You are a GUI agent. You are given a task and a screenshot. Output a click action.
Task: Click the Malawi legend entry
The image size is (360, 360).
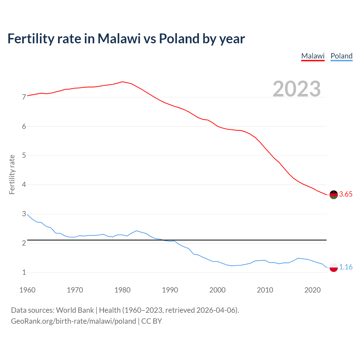(313, 56)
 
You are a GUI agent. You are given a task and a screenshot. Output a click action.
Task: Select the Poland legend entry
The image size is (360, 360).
(341, 56)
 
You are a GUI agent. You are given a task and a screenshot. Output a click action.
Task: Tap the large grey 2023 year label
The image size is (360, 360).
(297, 89)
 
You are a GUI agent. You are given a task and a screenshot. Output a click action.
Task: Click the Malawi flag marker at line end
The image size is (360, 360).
(334, 195)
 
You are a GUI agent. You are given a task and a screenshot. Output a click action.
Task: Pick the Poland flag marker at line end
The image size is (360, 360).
(334, 267)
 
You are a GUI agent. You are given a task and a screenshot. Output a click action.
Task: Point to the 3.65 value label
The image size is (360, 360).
(346, 194)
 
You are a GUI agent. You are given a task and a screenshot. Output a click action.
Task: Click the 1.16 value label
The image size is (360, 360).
(346, 267)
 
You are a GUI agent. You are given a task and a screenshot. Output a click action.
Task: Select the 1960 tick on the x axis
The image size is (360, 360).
(27, 290)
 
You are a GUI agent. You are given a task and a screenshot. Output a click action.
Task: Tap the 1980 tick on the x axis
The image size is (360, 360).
(122, 290)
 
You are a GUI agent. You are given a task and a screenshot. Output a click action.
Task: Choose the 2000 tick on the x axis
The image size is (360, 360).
(217, 290)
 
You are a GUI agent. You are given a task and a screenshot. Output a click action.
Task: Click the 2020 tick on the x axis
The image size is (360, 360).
(312, 290)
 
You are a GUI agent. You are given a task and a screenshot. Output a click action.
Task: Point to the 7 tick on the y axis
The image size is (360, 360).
(24, 97)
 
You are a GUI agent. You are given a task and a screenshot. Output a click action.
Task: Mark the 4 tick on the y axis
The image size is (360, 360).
(24, 185)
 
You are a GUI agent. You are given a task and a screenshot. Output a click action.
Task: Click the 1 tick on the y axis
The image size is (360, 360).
(24, 273)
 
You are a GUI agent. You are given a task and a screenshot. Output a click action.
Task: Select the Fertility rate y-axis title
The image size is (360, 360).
(12, 174)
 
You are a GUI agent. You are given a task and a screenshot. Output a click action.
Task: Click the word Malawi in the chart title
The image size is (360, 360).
(119, 39)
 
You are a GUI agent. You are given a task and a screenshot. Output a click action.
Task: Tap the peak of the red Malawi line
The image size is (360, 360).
(122, 82)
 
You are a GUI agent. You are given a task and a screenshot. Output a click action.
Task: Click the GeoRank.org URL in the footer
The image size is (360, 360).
(73, 321)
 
